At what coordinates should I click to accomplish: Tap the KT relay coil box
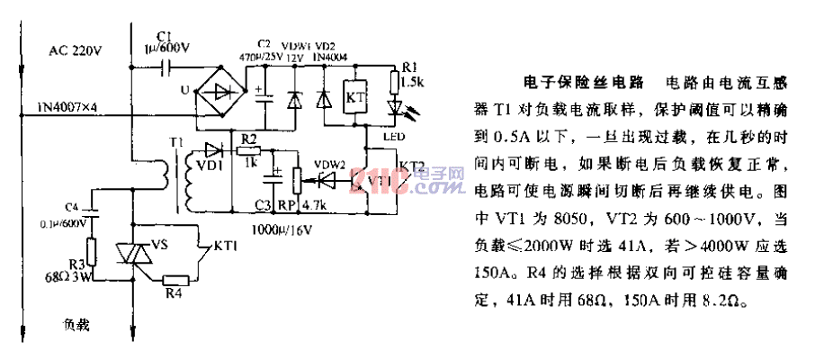[x=354, y=96]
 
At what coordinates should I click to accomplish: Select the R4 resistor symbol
[x=177, y=282]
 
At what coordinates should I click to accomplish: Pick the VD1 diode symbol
[x=213, y=149]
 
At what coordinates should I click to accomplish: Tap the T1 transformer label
[x=175, y=142]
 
